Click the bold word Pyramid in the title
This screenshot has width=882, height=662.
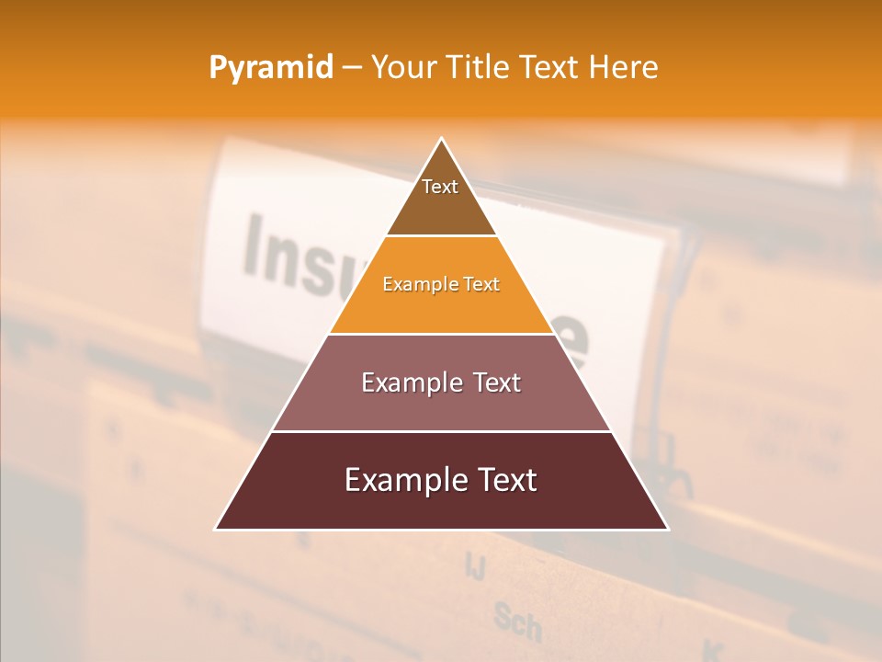click(x=271, y=68)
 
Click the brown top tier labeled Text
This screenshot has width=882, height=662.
click(x=441, y=207)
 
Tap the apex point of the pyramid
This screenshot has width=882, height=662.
click(x=442, y=140)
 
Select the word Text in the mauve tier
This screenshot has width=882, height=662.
click(x=492, y=382)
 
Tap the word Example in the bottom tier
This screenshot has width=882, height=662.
click(x=403, y=480)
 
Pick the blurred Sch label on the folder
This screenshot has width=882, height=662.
click(x=516, y=622)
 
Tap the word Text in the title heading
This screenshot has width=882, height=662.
click(x=548, y=68)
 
